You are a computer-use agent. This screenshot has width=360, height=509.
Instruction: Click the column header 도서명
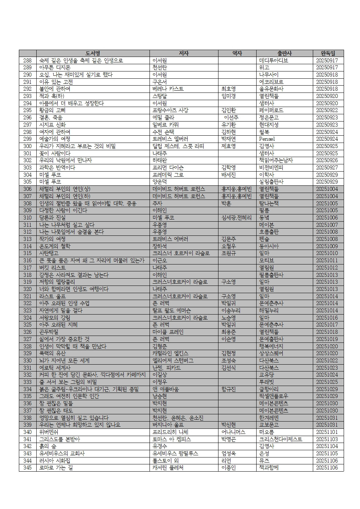(93, 53)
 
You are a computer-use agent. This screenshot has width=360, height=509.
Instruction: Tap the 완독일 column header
(328, 53)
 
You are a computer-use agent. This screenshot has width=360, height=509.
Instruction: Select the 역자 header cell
(237, 53)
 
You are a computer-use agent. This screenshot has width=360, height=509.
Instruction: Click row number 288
(28, 61)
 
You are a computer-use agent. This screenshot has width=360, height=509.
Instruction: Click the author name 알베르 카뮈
(165, 125)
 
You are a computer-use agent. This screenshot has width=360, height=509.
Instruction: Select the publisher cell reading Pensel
(267, 139)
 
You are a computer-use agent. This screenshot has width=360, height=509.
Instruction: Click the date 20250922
(327, 110)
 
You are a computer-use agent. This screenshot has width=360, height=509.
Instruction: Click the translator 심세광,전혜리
(236, 217)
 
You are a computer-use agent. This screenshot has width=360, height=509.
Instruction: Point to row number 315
(28, 253)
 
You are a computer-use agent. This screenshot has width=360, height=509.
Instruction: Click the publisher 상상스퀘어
(271, 353)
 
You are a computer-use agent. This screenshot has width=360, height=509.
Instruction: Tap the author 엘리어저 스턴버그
(173, 361)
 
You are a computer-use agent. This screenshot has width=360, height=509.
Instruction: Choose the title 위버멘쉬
(49, 432)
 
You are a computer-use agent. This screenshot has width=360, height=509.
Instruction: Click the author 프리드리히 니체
(170, 432)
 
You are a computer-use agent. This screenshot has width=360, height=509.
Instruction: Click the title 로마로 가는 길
(56, 468)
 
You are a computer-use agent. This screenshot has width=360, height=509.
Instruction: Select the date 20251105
(327, 453)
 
